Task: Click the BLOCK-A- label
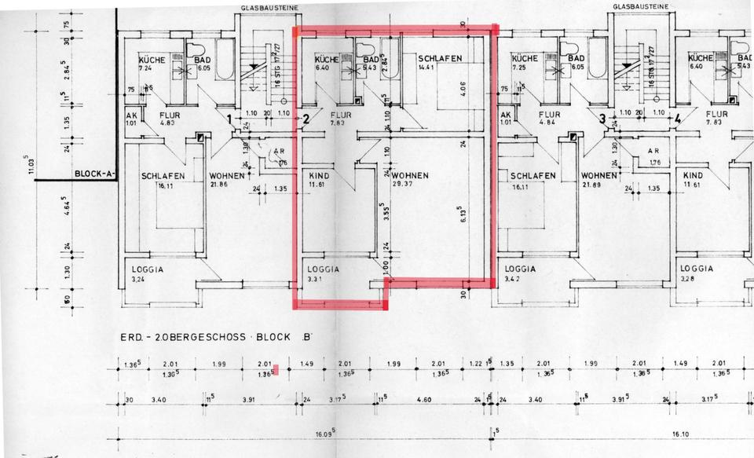(x=94, y=175)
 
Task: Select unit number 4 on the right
(x=676, y=120)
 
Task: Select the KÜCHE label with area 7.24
(x=151, y=59)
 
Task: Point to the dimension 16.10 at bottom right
(x=680, y=432)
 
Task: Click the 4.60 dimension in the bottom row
(x=424, y=400)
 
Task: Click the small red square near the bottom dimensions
(x=276, y=370)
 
